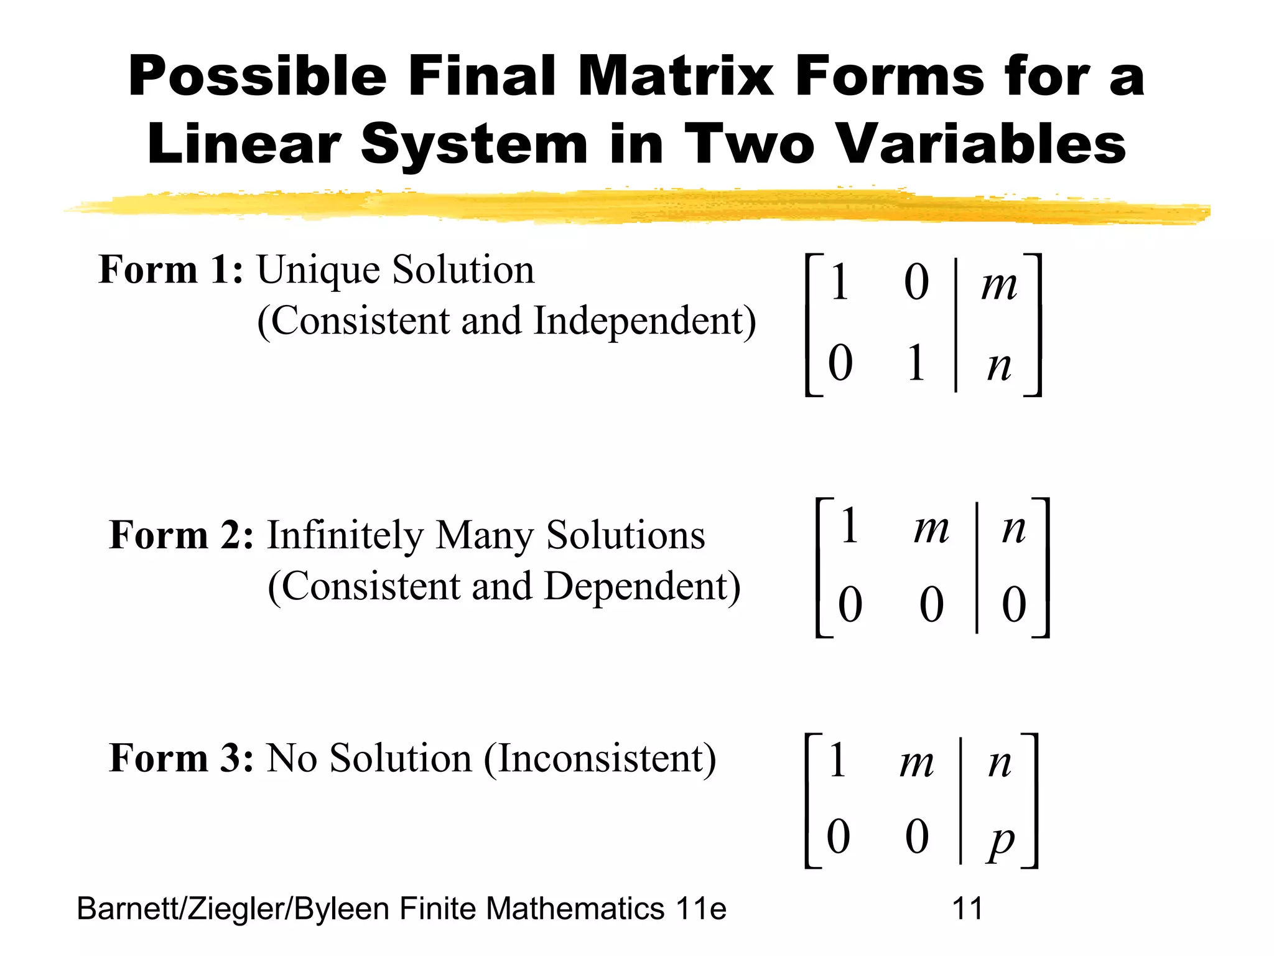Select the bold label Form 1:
pyautogui.click(x=170, y=270)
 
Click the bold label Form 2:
pyautogui.click(x=181, y=535)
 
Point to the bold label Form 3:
pyautogui.click(x=181, y=758)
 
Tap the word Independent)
pyautogui.click(x=644, y=321)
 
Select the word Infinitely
pyautogui.click(x=345, y=535)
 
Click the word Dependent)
pyautogui.click(x=642, y=586)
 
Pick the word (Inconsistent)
pyautogui.click(x=600, y=758)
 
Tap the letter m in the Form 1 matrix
pyautogui.click(x=999, y=285)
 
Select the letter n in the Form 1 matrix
pyautogui.click(x=999, y=366)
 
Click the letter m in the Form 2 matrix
pyautogui.click(x=931, y=529)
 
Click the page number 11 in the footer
pyautogui.click(x=967, y=909)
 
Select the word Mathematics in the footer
pyautogui.click(x=575, y=909)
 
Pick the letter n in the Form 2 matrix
pyautogui.click(x=1014, y=529)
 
